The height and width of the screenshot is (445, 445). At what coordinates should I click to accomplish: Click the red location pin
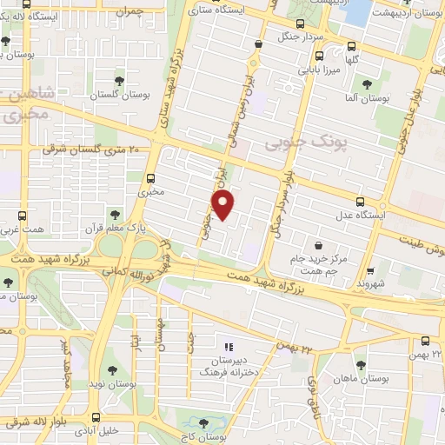click(x=224, y=205)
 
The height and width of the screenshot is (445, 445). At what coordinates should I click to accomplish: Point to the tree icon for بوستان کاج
click(x=203, y=423)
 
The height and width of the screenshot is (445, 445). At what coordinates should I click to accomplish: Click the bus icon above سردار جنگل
click(x=299, y=23)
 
